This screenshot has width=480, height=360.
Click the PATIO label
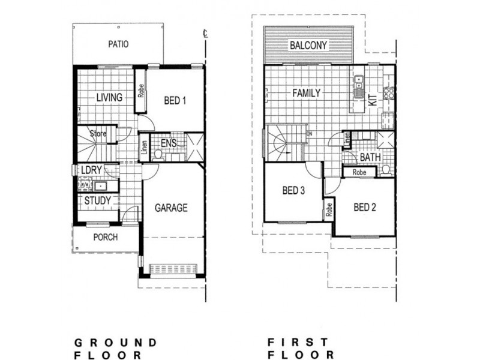pyautogui.click(x=119, y=44)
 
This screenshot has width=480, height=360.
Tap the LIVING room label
pyautogui.click(x=109, y=97)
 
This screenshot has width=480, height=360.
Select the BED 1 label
pyautogui.click(x=175, y=100)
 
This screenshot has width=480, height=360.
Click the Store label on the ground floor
pyautogui.click(x=98, y=133)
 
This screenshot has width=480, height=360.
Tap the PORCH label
pyautogui.click(x=106, y=237)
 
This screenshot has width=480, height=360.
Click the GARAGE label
pyautogui.click(x=172, y=208)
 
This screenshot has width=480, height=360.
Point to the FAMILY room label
pyautogui.click(x=306, y=93)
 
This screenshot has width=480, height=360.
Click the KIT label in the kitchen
pyautogui.click(x=373, y=100)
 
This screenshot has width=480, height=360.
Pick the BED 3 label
pyautogui.click(x=294, y=191)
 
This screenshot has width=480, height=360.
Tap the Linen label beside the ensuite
pyautogui.click(x=144, y=149)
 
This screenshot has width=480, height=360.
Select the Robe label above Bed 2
pyautogui.click(x=359, y=172)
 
